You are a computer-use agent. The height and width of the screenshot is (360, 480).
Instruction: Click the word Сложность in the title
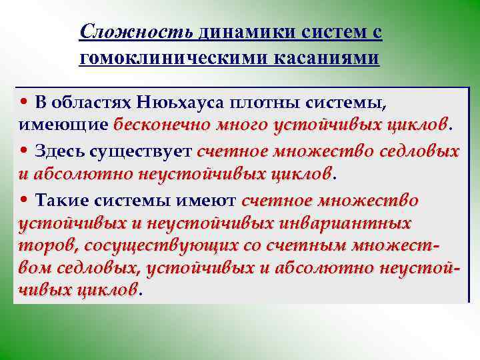136,31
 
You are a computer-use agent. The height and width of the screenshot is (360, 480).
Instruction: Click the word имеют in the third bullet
212,201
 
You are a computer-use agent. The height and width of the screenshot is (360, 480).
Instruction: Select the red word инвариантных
363,222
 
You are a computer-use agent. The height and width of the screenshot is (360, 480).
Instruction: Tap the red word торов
43,246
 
